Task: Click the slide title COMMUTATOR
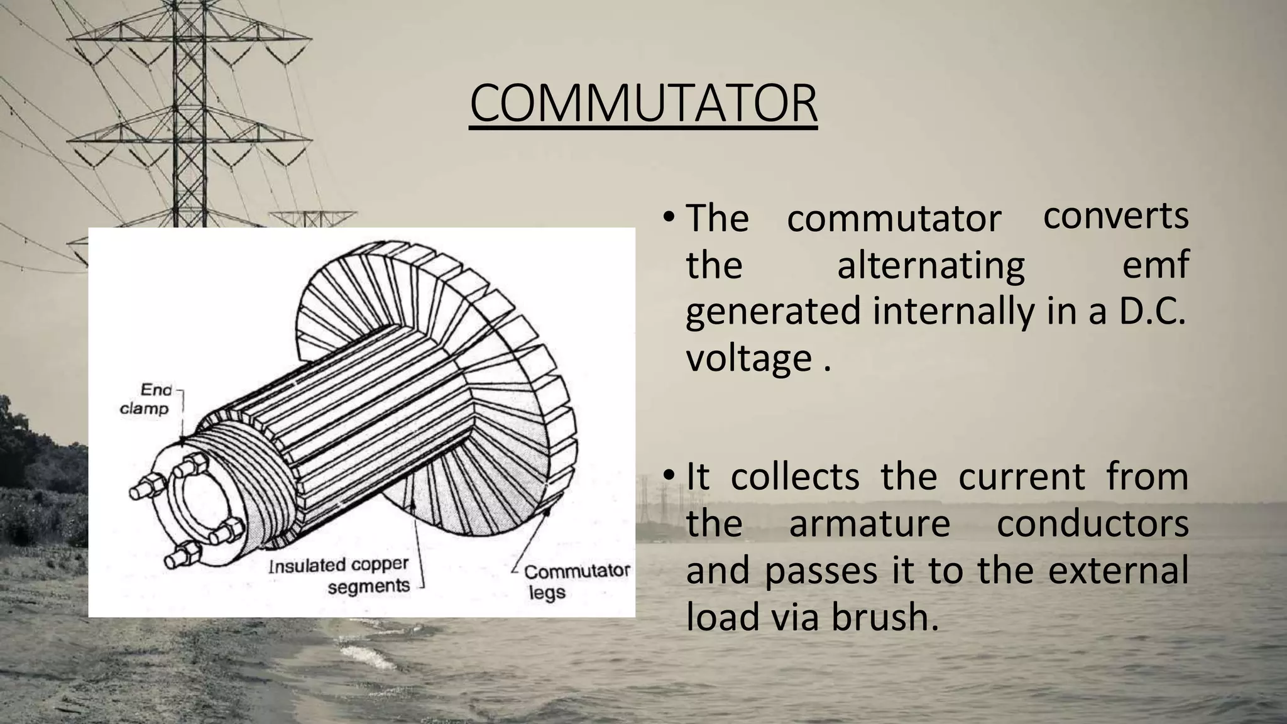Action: point(643,104)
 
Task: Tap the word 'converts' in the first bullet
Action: point(1115,216)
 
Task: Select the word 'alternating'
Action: point(931,265)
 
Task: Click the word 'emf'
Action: point(1155,265)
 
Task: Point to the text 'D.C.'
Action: point(1152,312)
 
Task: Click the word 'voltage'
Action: point(748,358)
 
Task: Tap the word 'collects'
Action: point(795,476)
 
